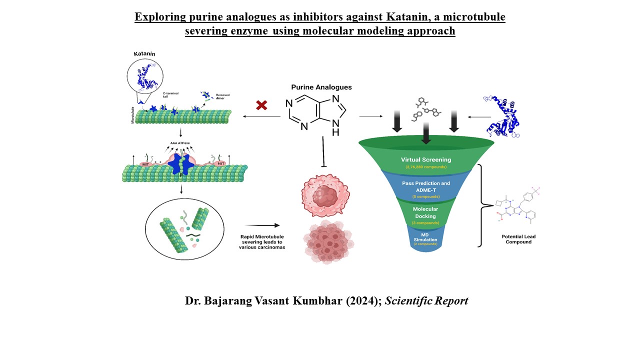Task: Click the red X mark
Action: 261,105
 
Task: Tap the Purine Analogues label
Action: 321,87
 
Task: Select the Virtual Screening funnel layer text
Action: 426,160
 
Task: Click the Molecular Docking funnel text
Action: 425,213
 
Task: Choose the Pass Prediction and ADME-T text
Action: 426,186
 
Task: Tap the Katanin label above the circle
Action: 144,53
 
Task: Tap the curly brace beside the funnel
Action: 482,205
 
